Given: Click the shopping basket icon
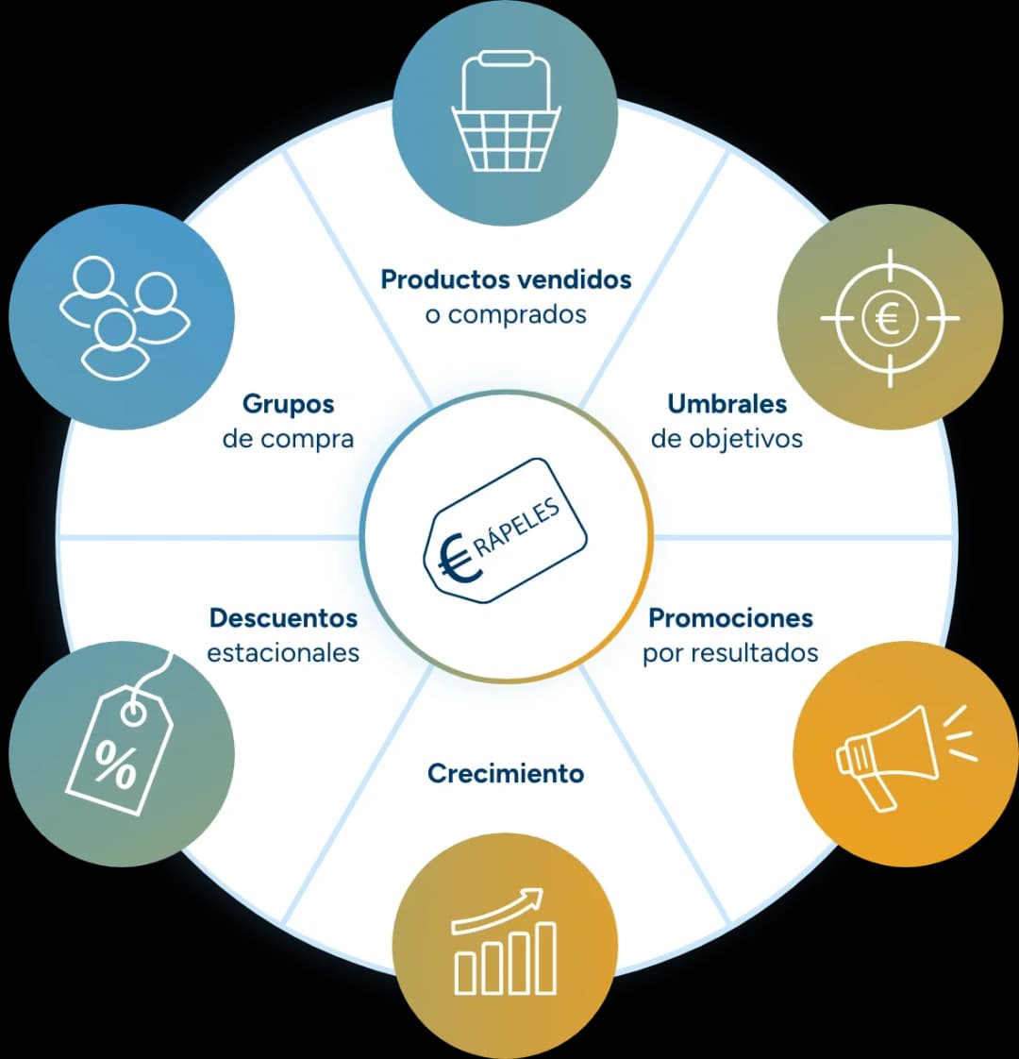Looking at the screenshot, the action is (x=506, y=112).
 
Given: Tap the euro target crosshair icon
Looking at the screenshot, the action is (x=890, y=317).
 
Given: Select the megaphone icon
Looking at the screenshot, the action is (x=906, y=756).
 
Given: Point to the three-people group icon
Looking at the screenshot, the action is (x=125, y=317).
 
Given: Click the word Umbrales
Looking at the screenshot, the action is (x=727, y=404).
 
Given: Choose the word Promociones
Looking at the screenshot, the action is (x=730, y=618).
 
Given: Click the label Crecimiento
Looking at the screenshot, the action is (x=506, y=773).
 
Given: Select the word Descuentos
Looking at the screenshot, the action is (x=284, y=618).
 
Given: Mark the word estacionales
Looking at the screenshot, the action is (x=283, y=653).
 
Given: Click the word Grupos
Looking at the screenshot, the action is (x=289, y=404).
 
